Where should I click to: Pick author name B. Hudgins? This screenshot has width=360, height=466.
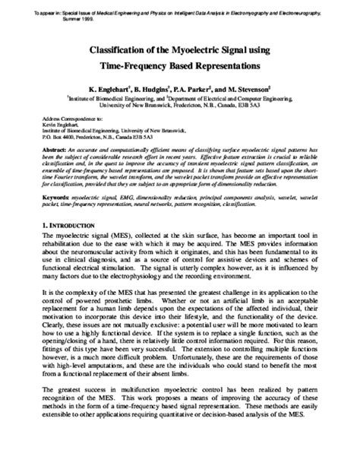click(x=163, y=88)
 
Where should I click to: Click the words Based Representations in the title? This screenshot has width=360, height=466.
click(x=207, y=66)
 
